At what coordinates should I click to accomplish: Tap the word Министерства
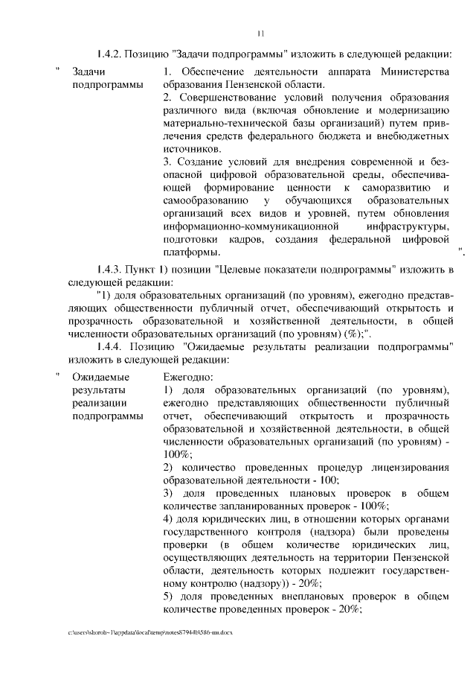click(x=414, y=71)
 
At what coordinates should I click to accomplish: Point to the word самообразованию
click(x=202, y=201)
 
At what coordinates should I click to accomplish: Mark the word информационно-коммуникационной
click(x=251, y=226)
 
